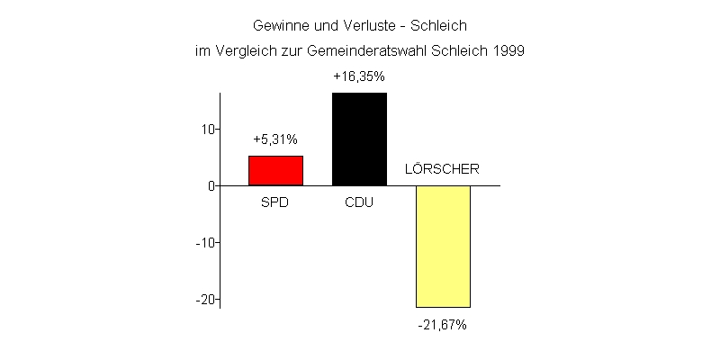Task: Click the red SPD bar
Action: (x=275, y=170)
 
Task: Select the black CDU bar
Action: (x=359, y=139)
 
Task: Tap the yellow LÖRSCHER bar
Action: (x=443, y=246)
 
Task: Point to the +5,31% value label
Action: (x=275, y=139)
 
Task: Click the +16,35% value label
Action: (x=359, y=76)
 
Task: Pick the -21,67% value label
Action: (x=442, y=324)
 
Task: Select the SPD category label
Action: (x=275, y=202)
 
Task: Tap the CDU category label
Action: (x=359, y=202)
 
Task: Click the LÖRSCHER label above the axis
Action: (x=442, y=168)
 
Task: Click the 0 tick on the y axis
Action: (x=211, y=185)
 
